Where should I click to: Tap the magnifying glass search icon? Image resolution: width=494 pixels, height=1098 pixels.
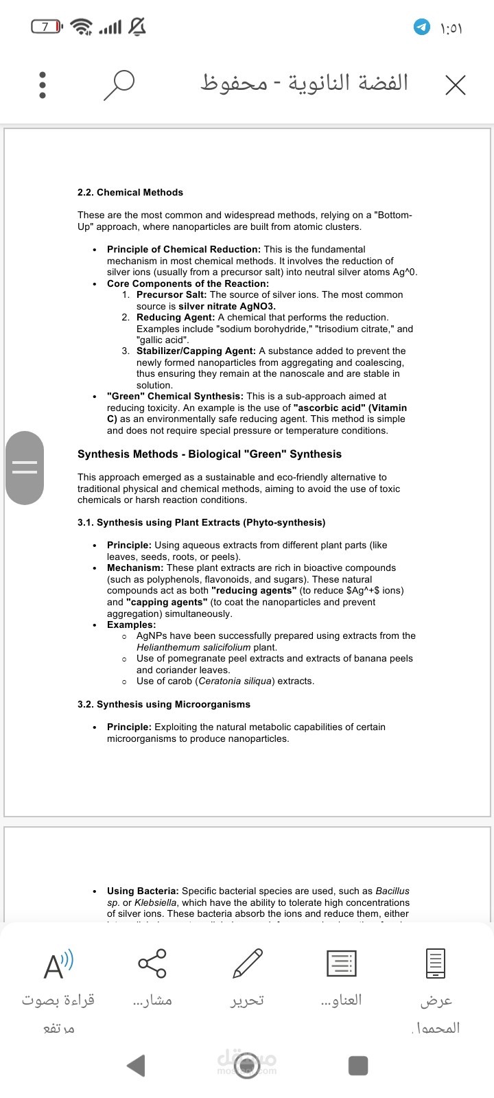(x=118, y=85)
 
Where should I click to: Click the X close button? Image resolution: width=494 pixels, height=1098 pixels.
(x=455, y=85)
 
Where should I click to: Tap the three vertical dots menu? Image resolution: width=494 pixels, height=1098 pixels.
(x=43, y=85)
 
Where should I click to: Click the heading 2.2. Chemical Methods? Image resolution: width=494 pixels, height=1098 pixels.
(x=130, y=192)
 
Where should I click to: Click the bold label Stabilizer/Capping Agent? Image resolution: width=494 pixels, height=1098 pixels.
(x=196, y=351)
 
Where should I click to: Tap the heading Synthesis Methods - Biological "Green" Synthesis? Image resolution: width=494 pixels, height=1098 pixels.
(x=209, y=454)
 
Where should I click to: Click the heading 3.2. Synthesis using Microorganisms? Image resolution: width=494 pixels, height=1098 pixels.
(x=164, y=704)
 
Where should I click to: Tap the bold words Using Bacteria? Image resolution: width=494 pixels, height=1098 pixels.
(x=143, y=891)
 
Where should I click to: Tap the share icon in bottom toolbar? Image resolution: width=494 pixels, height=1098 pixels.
(x=152, y=963)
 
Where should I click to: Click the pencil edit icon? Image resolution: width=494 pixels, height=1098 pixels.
(x=247, y=963)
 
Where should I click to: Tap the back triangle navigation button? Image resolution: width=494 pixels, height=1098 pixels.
(x=136, y=1065)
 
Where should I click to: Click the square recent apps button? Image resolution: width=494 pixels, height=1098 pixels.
(x=358, y=1065)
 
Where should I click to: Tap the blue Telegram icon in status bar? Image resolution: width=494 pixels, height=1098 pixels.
(x=421, y=27)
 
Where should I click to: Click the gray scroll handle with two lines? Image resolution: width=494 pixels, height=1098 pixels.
(x=25, y=468)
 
